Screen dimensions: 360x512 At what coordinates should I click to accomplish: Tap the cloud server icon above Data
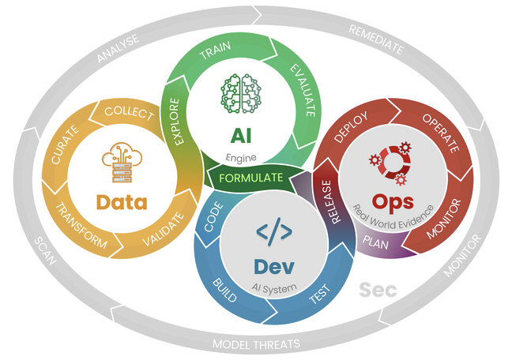pos(121,163)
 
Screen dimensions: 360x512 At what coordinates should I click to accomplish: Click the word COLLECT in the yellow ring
pos(129,113)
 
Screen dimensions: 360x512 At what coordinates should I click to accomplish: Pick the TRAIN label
pos(214,54)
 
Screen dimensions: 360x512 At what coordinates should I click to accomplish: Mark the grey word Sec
pos(375,289)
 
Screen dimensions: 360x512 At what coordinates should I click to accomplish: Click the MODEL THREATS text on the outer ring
pos(256,344)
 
